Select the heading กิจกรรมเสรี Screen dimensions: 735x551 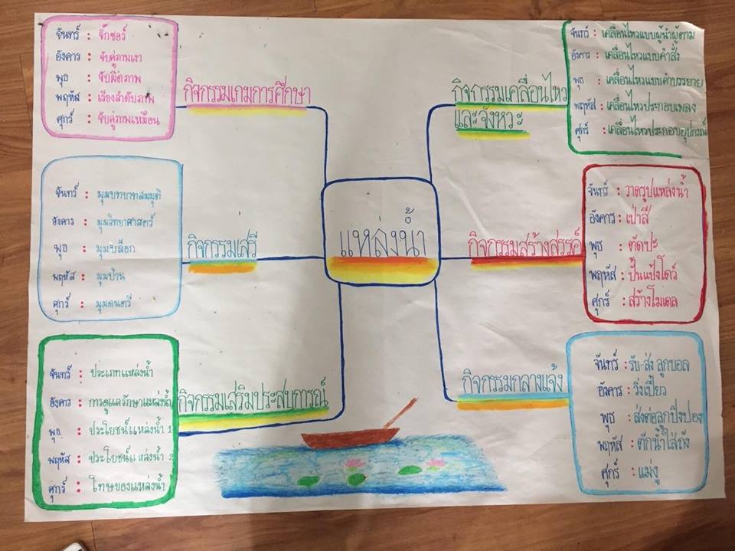[221, 248]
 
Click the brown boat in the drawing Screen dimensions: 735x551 [350, 438]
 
